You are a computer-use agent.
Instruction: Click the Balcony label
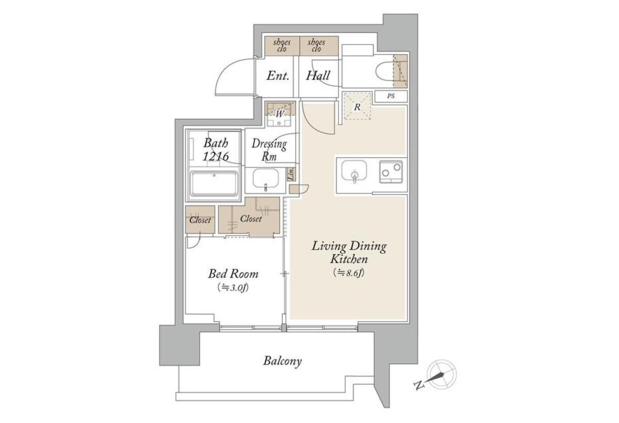(282, 361)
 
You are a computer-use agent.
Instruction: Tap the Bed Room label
(234, 273)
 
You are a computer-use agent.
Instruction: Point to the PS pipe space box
(391, 96)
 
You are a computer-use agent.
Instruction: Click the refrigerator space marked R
(357, 106)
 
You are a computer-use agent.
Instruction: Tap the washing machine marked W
(280, 113)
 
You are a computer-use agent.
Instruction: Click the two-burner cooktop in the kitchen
(391, 172)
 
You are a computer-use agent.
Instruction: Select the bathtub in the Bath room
(214, 183)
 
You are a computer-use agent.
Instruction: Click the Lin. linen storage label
(291, 174)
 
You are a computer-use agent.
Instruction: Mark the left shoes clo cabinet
(282, 45)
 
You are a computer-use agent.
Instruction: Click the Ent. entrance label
(278, 75)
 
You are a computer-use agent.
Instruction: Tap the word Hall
(318, 75)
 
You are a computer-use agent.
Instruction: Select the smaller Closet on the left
(200, 220)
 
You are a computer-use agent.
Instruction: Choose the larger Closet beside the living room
(249, 217)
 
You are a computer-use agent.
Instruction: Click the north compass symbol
(442, 375)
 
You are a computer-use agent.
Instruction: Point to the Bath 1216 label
(216, 150)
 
